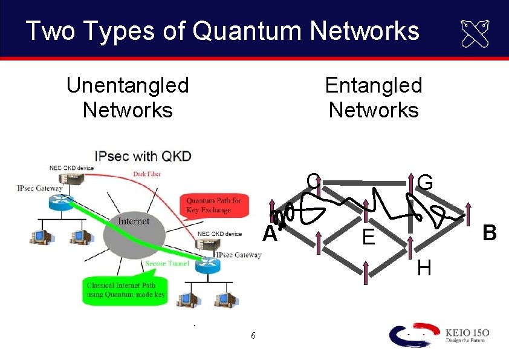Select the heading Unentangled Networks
128,97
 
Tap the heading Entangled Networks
373,97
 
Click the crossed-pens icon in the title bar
475,33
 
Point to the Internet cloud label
134,221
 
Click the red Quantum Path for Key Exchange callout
213,205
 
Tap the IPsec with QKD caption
143,156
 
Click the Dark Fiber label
146,174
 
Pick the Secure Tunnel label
166,263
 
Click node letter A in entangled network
269,234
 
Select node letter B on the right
489,232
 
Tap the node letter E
368,238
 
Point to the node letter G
425,180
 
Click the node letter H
424,267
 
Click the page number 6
253,336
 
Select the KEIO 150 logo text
467,332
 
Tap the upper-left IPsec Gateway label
40,189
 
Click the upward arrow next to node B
468,212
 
